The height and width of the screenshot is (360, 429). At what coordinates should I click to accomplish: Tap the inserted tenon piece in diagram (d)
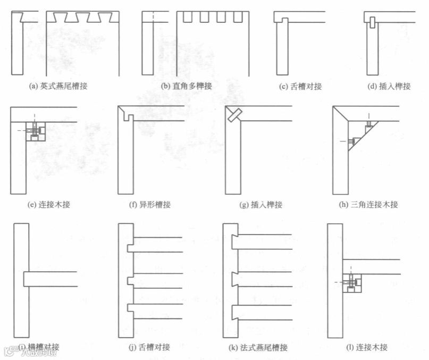click(372, 23)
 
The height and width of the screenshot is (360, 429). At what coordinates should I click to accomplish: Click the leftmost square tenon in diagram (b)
click(187, 16)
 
